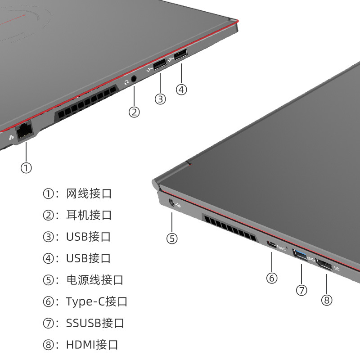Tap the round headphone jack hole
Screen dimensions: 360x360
pos(134,79)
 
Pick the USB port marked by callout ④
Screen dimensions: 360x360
pos(180,56)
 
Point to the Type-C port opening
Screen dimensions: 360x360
pos(272,245)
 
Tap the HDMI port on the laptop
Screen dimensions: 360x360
pos(325,265)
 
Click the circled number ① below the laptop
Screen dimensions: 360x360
pos(26,167)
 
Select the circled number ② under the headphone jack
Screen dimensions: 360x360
pos(134,111)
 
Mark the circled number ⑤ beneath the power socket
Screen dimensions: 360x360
pos(172,238)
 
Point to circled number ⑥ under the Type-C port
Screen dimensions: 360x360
pos(271,278)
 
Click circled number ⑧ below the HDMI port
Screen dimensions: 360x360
pos(327,300)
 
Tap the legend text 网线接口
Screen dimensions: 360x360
pos(89,193)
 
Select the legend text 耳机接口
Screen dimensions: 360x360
pos(89,215)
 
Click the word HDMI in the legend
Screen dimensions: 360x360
pos(80,345)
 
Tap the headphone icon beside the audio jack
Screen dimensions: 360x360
pos(126,82)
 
